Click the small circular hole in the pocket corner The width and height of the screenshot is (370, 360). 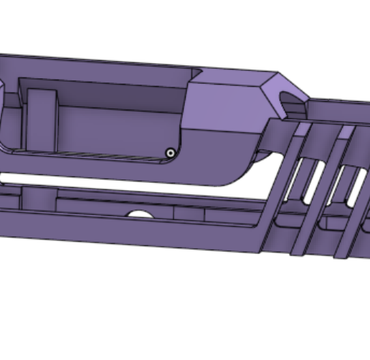click(170, 152)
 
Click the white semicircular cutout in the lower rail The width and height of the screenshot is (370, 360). click(140, 214)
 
